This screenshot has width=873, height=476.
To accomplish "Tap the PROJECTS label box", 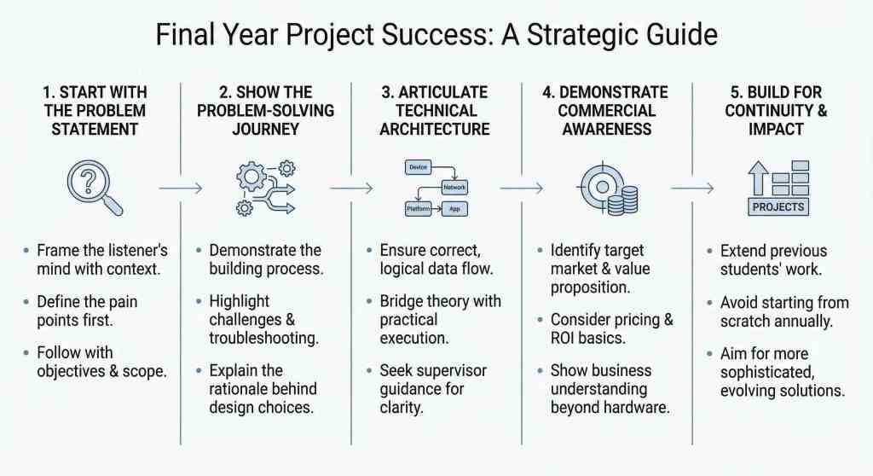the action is point(778,206).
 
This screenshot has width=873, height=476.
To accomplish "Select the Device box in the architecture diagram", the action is point(418,167).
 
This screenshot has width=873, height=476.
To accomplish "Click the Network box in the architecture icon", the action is point(454,188).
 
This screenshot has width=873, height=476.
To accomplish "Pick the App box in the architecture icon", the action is point(454,209).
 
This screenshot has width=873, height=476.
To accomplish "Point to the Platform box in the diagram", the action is point(418,209).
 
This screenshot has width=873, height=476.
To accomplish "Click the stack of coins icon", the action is point(623,200).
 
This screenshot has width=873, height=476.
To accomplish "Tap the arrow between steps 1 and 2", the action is point(181,189).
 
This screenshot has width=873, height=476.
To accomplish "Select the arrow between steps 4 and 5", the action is point(692,189).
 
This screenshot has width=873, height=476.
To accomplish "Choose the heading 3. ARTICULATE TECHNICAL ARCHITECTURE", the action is point(435,110).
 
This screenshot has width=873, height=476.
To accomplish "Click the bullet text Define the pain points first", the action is point(88,311).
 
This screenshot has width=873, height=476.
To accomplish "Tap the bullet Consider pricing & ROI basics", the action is point(612,329).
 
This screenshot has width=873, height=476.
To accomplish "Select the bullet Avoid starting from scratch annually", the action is point(784,311).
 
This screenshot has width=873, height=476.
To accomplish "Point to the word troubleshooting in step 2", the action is point(264,339).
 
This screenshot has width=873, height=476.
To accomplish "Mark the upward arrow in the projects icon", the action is point(758,178).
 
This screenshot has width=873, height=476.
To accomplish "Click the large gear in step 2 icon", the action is point(251,177).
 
